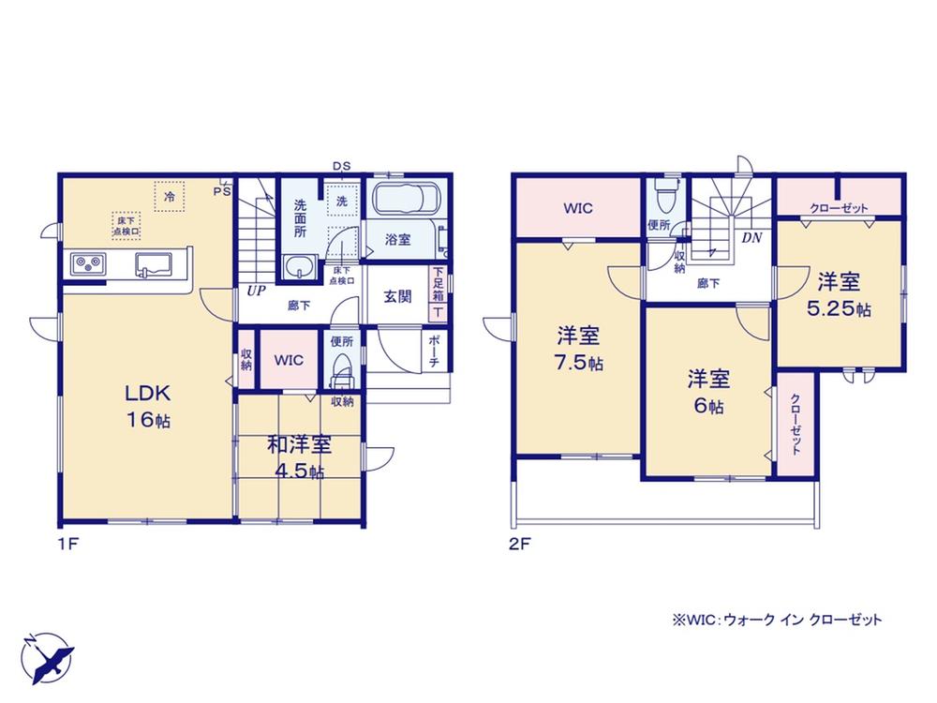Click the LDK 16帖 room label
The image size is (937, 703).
148,406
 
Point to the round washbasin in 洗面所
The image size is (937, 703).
300,266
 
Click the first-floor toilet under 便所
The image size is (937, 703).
342,371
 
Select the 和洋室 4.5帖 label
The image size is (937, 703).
298,458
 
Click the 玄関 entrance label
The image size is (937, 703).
397,296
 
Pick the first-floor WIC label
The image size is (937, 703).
289,361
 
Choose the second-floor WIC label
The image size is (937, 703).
578,208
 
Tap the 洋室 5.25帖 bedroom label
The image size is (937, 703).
839,294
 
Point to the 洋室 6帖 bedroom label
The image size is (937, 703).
708,392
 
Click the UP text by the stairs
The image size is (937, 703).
257,292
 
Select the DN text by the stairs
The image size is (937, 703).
751,238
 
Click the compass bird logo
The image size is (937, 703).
47,658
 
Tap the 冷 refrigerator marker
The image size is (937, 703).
169,196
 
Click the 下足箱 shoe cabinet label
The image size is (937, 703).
438,284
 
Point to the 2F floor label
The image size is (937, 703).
520,545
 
